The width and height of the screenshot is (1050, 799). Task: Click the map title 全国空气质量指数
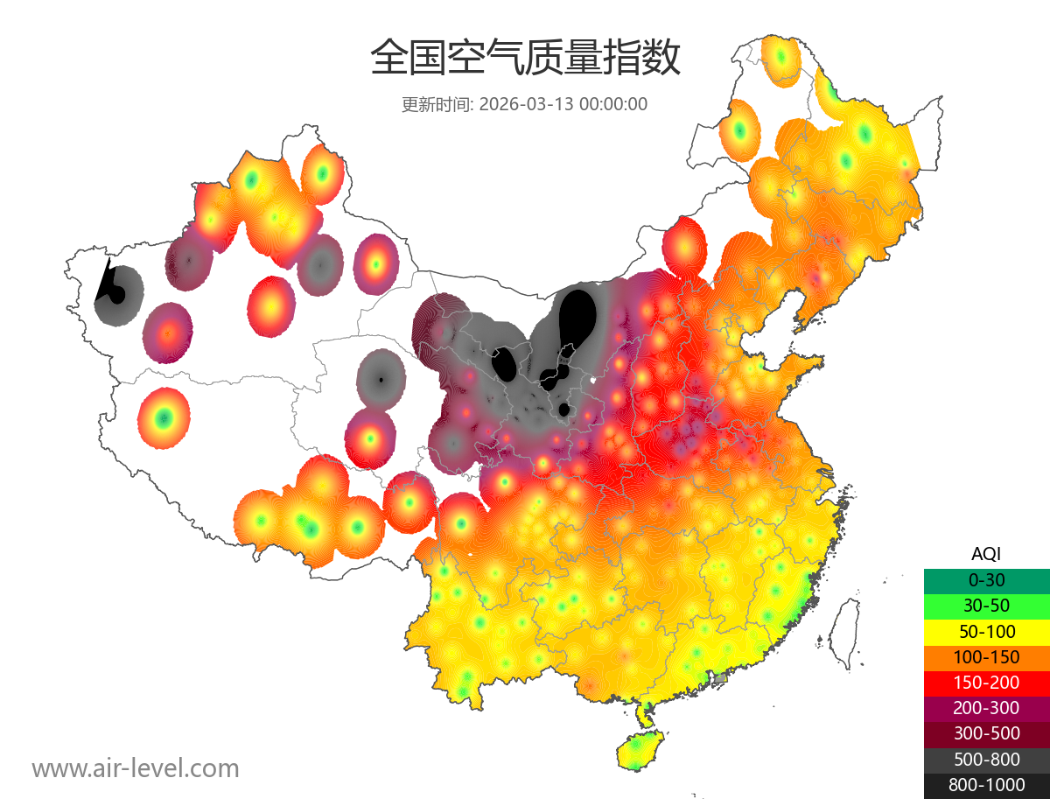point(525,59)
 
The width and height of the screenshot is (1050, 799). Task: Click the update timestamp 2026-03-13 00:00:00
point(563,104)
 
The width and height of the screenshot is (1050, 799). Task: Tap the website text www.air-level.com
point(136,768)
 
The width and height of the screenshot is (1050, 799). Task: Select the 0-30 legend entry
point(986,580)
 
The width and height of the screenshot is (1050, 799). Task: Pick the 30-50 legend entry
point(986,606)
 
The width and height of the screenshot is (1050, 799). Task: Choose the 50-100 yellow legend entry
point(986,631)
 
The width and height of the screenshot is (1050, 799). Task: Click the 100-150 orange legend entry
point(986,656)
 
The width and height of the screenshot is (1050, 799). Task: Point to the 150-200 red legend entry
point(986,682)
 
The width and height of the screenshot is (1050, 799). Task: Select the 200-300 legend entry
point(986,708)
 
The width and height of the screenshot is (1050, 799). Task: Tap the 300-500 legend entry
point(986,733)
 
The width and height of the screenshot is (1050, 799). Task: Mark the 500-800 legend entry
point(986,760)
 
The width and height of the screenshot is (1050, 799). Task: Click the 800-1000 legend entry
point(986,785)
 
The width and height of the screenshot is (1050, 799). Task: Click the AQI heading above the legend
point(986,554)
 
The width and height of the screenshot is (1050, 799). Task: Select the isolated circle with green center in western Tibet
point(163,418)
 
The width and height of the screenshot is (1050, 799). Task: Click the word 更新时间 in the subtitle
point(436,104)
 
